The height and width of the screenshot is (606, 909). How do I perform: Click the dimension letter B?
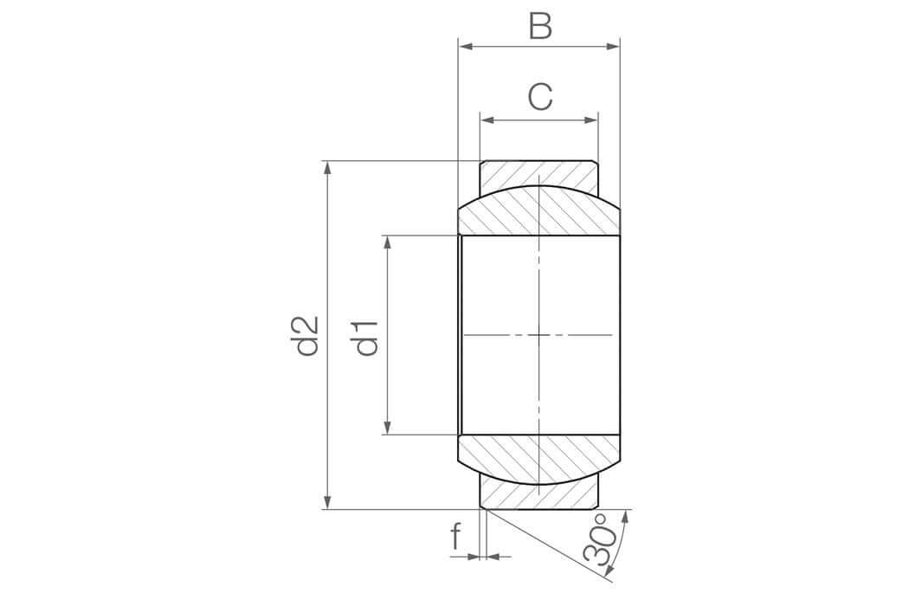tap(540, 26)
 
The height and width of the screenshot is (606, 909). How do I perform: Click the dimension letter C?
tap(540, 97)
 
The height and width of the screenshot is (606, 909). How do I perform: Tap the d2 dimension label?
tap(306, 336)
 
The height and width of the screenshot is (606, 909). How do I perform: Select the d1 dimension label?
tap(366, 338)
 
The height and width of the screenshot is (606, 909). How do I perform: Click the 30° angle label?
tap(597, 539)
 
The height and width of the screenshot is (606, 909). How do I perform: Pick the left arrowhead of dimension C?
tap(487, 120)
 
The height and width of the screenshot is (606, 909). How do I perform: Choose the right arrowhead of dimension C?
tap(590, 120)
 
